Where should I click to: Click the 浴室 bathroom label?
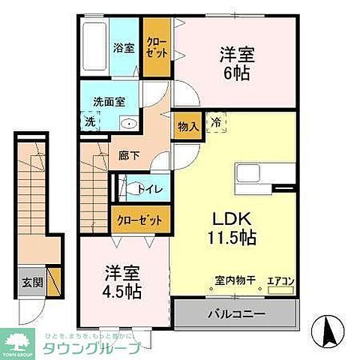pyautogui.click(x=123, y=47)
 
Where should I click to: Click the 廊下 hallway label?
pyautogui.click(x=128, y=156)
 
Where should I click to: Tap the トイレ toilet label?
pyautogui.click(x=154, y=187)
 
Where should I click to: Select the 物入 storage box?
pyautogui.click(x=187, y=126)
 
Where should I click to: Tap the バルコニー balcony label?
pyautogui.click(x=235, y=311)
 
